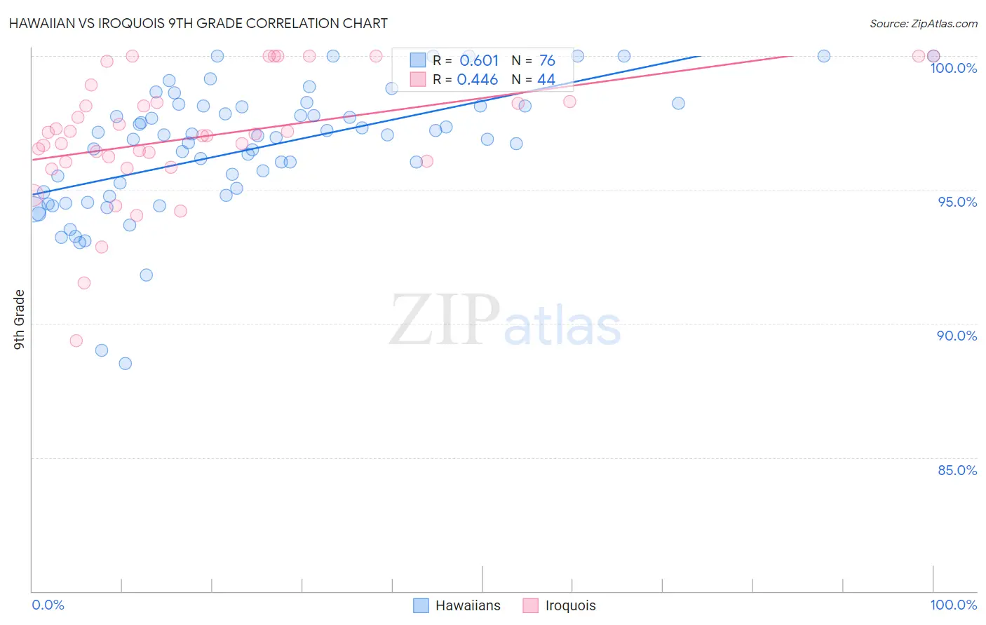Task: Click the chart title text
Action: [x=198, y=23]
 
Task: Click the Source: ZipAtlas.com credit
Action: [x=923, y=23]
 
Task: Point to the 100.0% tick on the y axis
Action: [x=953, y=68]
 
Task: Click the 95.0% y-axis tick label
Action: [x=957, y=202]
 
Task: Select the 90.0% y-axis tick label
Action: [x=957, y=336]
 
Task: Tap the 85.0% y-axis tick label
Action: [x=957, y=470]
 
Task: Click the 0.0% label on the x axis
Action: [x=48, y=605]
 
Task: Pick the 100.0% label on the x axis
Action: [x=953, y=605]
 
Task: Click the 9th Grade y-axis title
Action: [x=20, y=319]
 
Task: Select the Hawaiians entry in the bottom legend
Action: [x=467, y=605]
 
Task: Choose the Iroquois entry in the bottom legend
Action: [x=569, y=605]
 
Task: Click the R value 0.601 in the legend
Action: [x=479, y=61]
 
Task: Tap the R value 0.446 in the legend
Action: [x=478, y=80]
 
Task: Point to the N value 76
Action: [x=547, y=61]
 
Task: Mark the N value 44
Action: [x=546, y=80]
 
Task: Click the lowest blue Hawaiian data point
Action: [x=126, y=363]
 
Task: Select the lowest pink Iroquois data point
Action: [x=76, y=341]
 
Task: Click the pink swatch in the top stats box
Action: [x=418, y=79]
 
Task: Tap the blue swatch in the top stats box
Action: [x=418, y=60]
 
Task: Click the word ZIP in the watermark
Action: [x=445, y=321]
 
